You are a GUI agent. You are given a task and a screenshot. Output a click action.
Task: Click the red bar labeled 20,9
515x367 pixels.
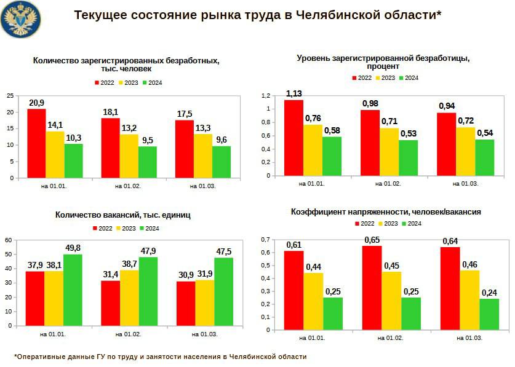pyautogui.click(x=36, y=143)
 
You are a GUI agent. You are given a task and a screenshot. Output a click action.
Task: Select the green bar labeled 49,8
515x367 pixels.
pyautogui.click(x=73, y=290)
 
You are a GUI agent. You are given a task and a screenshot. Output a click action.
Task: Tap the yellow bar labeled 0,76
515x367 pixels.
pyautogui.click(x=313, y=150)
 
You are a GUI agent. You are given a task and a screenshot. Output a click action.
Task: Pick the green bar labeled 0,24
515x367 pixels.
pyautogui.click(x=489, y=314)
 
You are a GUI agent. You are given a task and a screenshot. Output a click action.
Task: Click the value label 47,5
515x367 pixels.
pyautogui.click(x=224, y=251)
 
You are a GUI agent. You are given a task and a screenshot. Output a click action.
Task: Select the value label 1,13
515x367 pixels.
pyautogui.click(x=293, y=93)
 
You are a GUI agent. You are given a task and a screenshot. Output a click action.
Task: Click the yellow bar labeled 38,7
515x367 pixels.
pyautogui.click(x=129, y=298)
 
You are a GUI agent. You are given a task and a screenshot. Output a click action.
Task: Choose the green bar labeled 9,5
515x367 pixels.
pyautogui.click(x=148, y=162)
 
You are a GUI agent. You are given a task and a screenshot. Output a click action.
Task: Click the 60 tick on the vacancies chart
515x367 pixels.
pyautogui.click(x=9, y=239)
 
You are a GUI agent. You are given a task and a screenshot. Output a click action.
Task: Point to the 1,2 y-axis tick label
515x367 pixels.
pyautogui.click(x=266, y=96)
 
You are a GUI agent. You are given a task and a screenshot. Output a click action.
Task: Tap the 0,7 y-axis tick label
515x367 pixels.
pyautogui.click(x=265, y=239)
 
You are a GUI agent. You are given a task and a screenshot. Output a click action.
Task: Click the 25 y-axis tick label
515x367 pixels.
pyautogui.click(x=9, y=96)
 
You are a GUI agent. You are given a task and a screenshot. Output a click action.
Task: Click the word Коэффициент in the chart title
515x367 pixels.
pyautogui.click(x=319, y=211)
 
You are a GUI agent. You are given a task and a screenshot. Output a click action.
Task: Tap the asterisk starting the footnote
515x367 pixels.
pyautogui.click(x=15, y=357)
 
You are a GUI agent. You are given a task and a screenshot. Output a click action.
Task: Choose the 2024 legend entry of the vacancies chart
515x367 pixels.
pyautogui.click(x=151, y=228)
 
